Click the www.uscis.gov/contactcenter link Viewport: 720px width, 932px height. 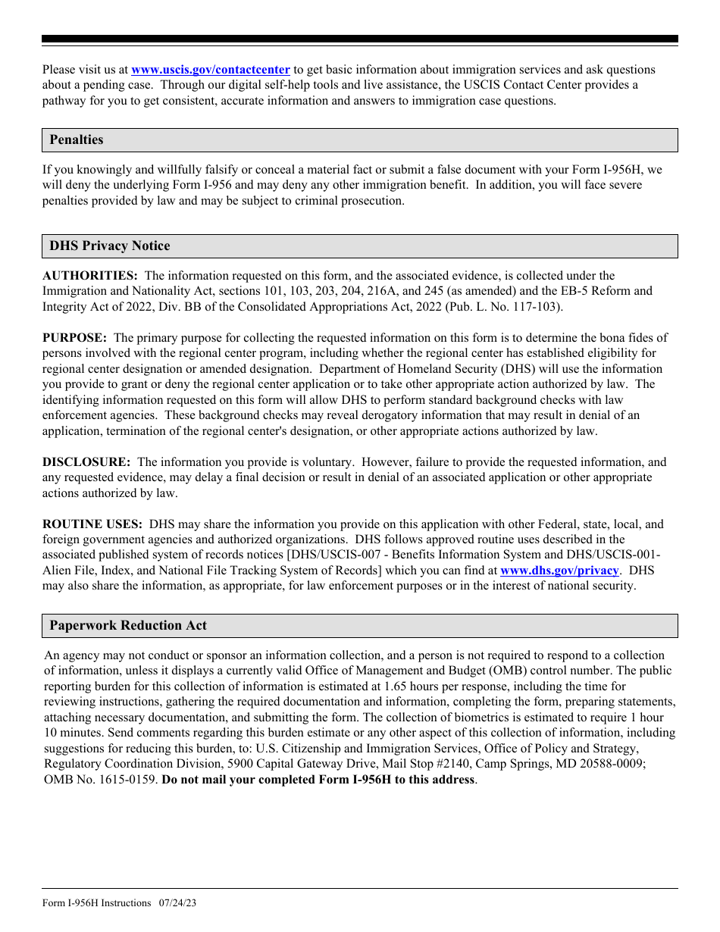[x=210, y=70]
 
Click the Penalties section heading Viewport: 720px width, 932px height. [x=77, y=139]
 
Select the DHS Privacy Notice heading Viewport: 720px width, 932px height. [x=110, y=246]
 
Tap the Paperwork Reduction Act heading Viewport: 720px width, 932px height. [x=128, y=625]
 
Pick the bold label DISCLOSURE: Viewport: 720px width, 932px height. [x=86, y=462]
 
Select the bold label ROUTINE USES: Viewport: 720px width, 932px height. [x=92, y=524]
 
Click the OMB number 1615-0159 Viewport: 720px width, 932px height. [x=128, y=780]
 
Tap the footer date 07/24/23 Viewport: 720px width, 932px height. [x=178, y=903]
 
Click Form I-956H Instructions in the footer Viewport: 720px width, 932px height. [x=97, y=903]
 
